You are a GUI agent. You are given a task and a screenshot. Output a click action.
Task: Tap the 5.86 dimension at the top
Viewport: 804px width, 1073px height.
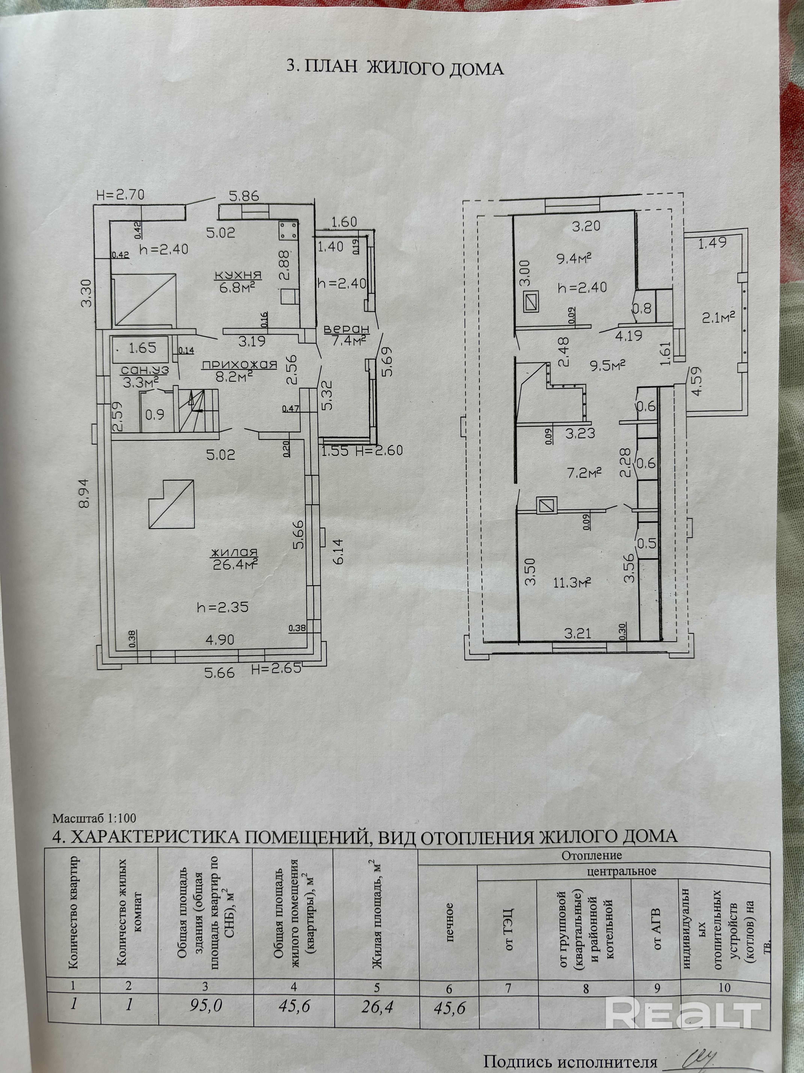[x=245, y=196]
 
